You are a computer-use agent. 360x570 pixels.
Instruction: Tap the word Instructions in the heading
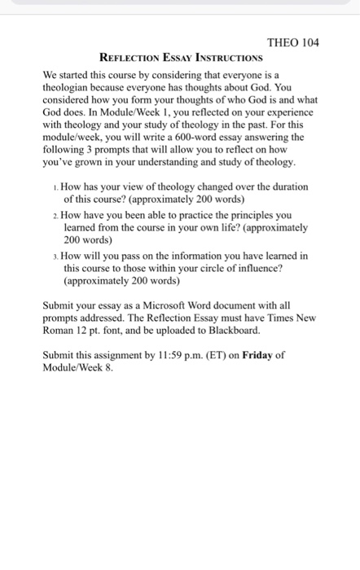point(226,58)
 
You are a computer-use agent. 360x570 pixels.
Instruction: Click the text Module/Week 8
point(78,368)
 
